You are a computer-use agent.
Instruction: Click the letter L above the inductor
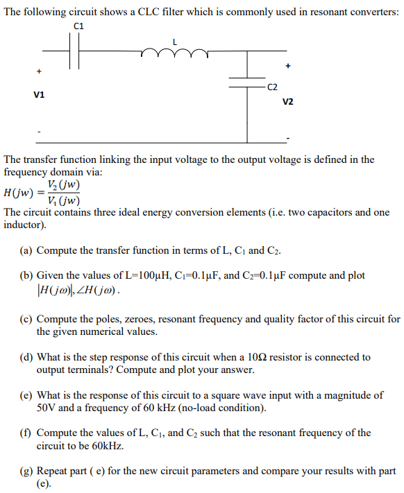(x=175, y=42)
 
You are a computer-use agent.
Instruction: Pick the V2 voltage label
(x=287, y=102)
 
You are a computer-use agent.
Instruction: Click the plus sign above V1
(x=39, y=71)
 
